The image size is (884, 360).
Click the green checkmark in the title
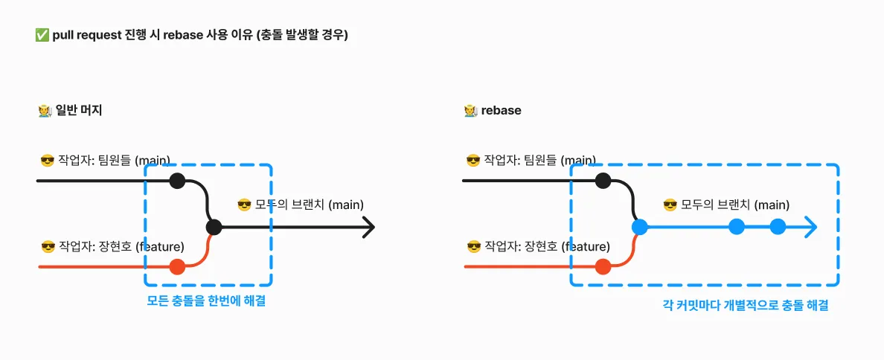pyautogui.click(x=41, y=36)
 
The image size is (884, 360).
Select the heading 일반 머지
pyautogui.click(x=78, y=110)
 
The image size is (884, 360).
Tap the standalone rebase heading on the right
pyautogui.click(x=501, y=110)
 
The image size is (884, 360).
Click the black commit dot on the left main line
pyautogui.click(x=178, y=181)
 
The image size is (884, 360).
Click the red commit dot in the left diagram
pyautogui.click(x=178, y=266)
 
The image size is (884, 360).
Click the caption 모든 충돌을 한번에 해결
pyautogui.click(x=206, y=301)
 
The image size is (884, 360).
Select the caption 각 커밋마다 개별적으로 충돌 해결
pyautogui.click(x=746, y=306)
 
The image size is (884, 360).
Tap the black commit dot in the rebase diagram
pyautogui.click(x=603, y=181)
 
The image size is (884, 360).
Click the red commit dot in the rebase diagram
pyautogui.click(x=603, y=266)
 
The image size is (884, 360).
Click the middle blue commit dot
pyautogui.click(x=737, y=227)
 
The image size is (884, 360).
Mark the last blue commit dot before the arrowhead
pyautogui.click(x=778, y=227)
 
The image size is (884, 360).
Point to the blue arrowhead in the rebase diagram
pyautogui.click(x=810, y=227)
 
